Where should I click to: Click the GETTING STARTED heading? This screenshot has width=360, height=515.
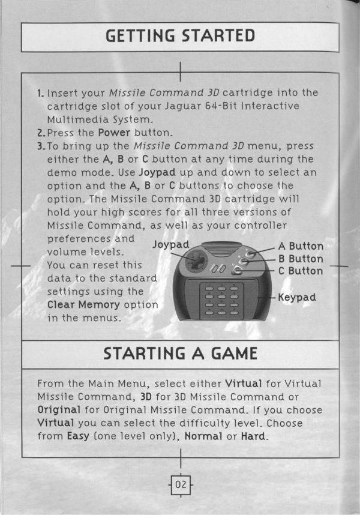(180, 36)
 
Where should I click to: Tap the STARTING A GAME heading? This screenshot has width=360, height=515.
(180, 354)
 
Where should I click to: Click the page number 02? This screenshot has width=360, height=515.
(181, 484)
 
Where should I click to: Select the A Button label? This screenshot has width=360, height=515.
(301, 246)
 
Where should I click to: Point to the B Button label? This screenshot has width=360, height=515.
(301, 259)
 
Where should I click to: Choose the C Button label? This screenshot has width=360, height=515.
(301, 271)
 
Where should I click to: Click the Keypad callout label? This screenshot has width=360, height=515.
(296, 298)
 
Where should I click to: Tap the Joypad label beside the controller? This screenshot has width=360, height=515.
(170, 245)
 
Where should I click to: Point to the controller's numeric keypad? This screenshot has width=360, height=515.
(221, 301)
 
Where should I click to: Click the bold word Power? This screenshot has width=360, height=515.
(114, 133)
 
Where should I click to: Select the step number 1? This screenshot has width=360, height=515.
(40, 93)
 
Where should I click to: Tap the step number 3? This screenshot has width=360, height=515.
(40, 146)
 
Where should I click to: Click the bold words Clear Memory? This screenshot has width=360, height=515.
(83, 305)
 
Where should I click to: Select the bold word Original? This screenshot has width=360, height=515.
(59, 410)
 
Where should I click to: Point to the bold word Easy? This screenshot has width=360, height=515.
(78, 436)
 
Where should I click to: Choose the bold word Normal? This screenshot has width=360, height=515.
(203, 436)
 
